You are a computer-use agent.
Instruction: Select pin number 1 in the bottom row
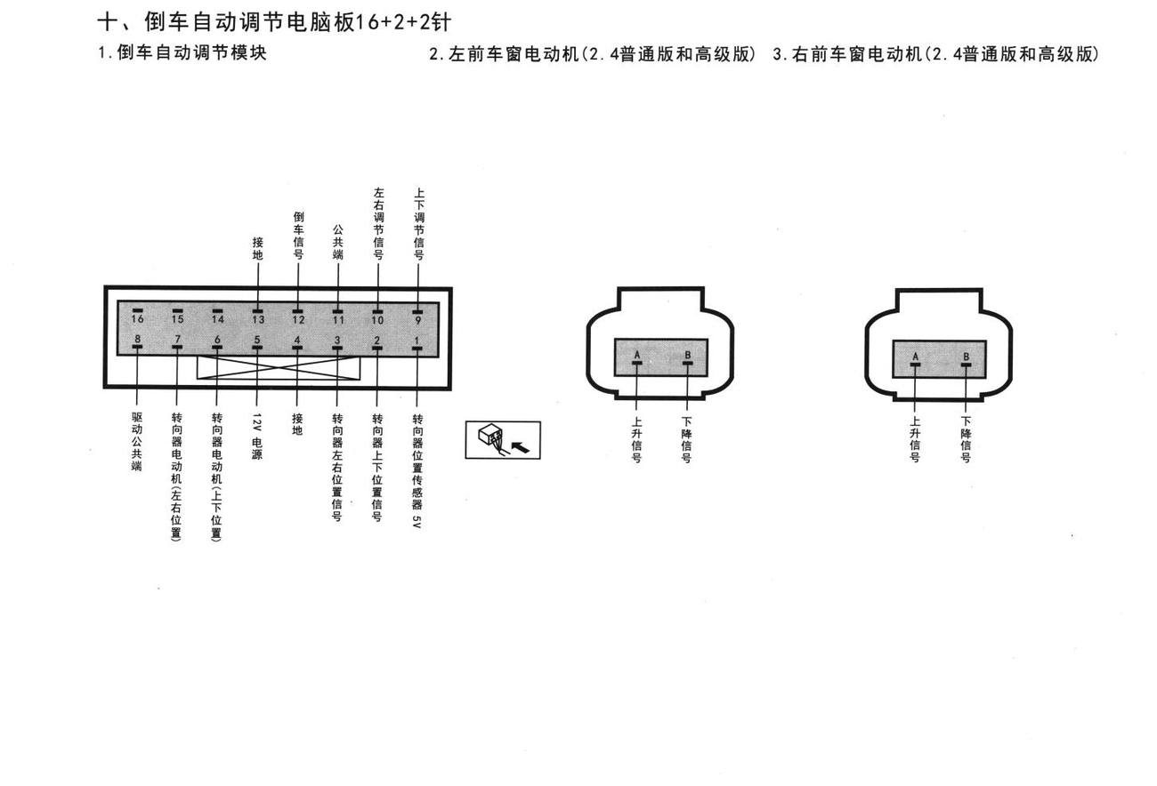(x=417, y=344)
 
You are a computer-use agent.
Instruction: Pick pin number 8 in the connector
(x=137, y=342)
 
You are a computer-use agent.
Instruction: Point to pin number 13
(x=258, y=317)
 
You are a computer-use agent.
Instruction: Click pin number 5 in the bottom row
(x=256, y=343)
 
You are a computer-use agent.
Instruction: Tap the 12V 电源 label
(x=256, y=436)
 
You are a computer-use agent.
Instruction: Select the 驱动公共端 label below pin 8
(x=137, y=441)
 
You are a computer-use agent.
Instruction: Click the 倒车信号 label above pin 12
(x=298, y=236)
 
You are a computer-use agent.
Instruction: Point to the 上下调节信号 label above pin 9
(x=419, y=223)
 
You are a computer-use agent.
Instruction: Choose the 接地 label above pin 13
(x=258, y=248)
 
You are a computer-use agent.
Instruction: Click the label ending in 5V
(x=417, y=470)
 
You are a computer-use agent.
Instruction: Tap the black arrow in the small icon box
(x=520, y=447)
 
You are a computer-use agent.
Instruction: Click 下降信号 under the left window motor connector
(x=686, y=440)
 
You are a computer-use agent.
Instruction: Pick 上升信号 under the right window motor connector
(x=915, y=439)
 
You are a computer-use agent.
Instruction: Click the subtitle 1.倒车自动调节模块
(x=182, y=52)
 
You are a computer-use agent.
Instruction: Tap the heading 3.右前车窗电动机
(x=847, y=54)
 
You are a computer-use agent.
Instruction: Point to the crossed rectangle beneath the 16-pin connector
(x=279, y=367)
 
